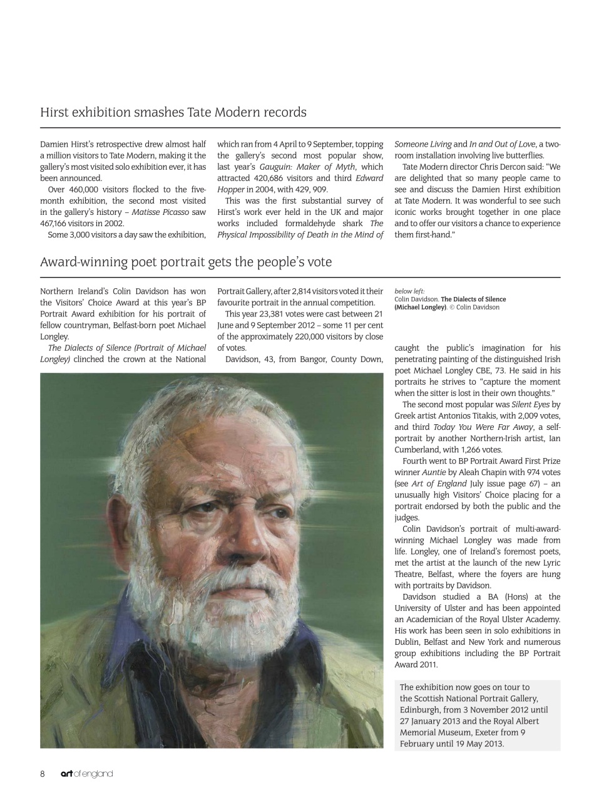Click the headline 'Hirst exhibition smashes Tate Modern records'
[x=173, y=113]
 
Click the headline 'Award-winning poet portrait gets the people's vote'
[x=186, y=262]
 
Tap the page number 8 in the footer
[x=43, y=774]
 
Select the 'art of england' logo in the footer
[x=86, y=774]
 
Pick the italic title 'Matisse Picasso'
[x=160, y=212]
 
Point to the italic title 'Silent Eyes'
[x=531, y=405]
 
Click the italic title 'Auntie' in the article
[x=434, y=472]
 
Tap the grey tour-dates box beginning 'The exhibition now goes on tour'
[x=478, y=716]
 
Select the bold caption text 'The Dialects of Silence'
[x=473, y=299]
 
